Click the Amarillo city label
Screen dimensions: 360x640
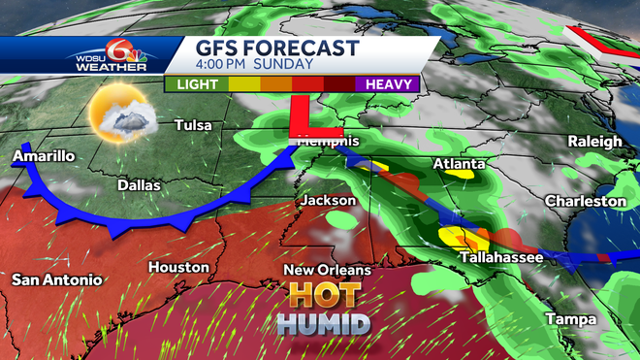[x=45, y=155]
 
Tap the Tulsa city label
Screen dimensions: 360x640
[x=193, y=124]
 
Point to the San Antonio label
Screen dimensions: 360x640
[x=56, y=279]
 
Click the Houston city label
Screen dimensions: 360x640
[x=178, y=266]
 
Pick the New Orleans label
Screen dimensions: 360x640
[x=327, y=269]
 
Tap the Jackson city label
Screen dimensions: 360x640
[x=328, y=201]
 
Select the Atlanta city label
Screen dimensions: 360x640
[x=460, y=162]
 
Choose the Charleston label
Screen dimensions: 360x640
[x=586, y=201]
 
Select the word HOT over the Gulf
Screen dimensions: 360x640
[x=323, y=293]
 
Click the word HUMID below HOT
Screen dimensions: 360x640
[x=322, y=322]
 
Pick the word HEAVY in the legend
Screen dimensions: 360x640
[x=386, y=84]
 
